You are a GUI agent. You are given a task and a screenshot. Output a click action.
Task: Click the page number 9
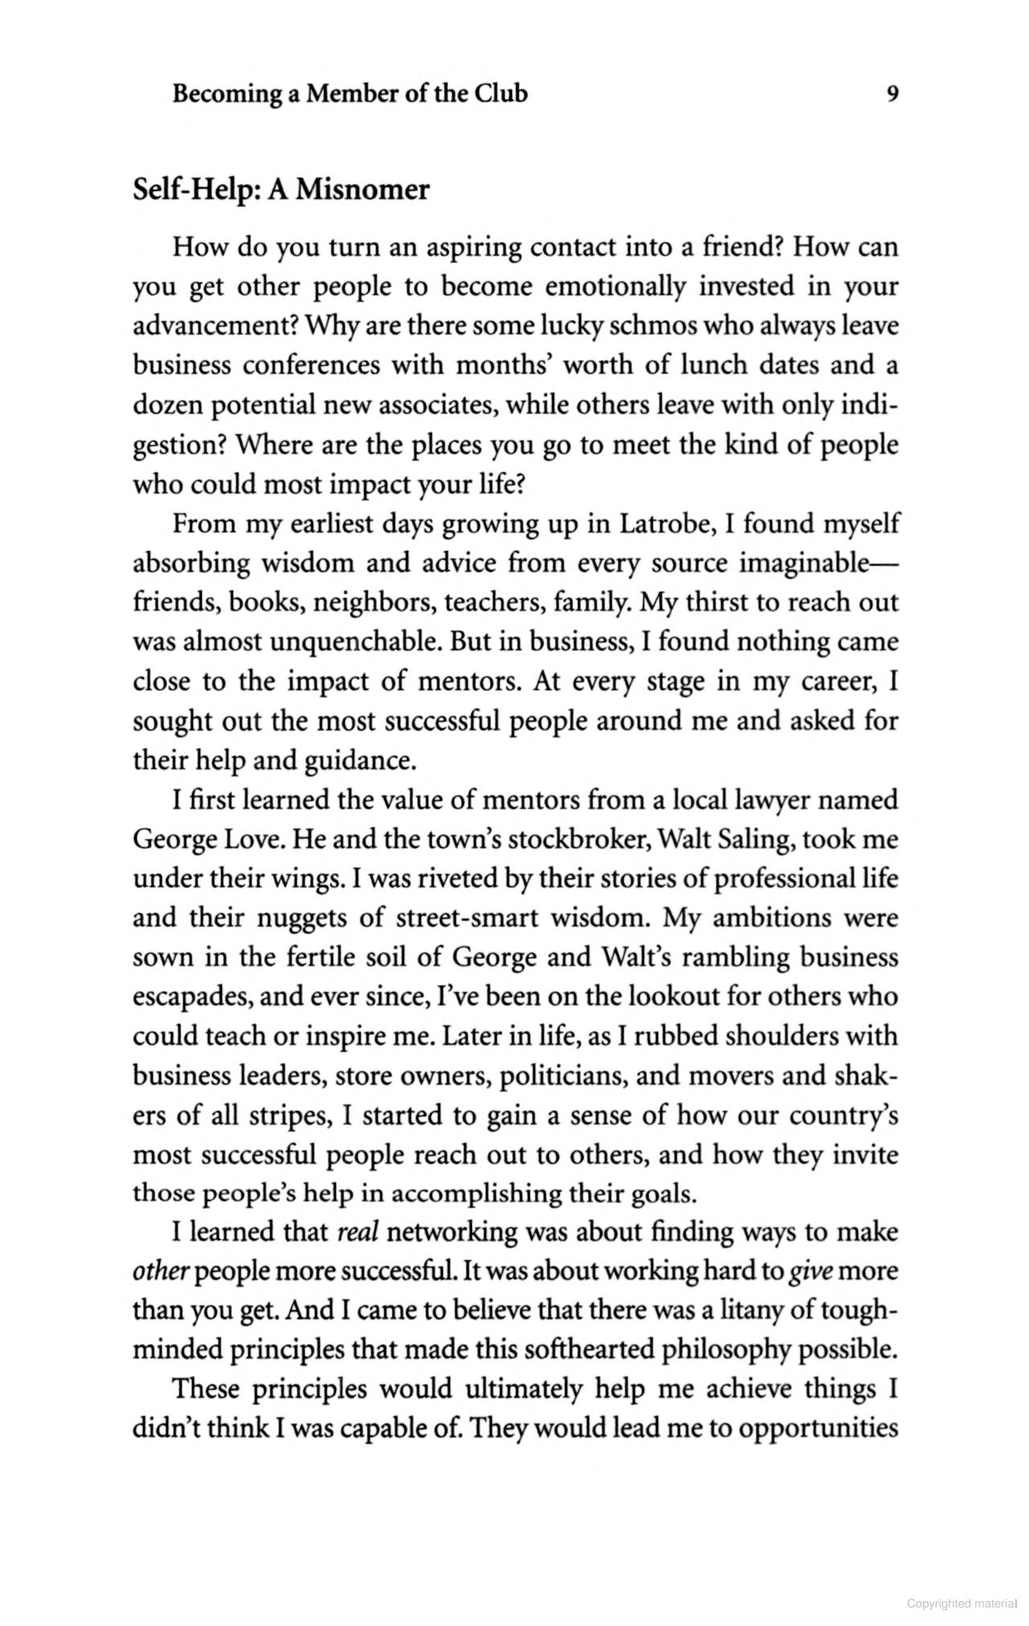coord(892,94)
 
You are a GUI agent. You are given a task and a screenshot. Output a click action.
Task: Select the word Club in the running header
coord(501,94)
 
